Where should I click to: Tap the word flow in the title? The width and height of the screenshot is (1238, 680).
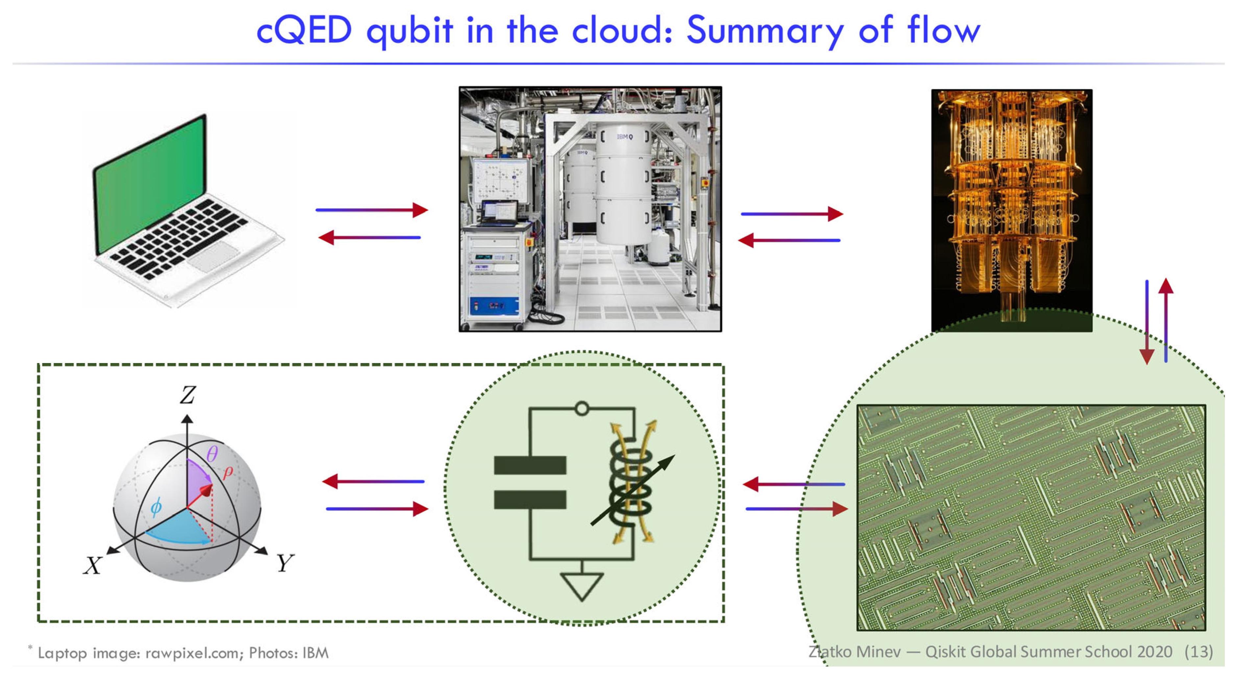(x=943, y=30)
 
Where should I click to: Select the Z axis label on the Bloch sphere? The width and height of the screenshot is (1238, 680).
(x=188, y=395)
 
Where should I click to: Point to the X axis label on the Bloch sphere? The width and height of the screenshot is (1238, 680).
(x=92, y=565)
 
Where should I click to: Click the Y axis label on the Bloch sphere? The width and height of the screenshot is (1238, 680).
(x=285, y=562)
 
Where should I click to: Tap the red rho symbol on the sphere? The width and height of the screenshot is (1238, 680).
(x=227, y=472)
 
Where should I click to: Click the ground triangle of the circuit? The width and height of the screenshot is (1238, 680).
(x=582, y=586)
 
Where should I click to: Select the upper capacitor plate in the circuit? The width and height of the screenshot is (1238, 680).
(x=530, y=465)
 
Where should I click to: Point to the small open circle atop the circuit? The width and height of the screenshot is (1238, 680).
(x=582, y=409)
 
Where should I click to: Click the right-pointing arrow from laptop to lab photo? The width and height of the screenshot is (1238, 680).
(x=371, y=210)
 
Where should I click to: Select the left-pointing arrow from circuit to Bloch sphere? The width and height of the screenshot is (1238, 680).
(x=373, y=481)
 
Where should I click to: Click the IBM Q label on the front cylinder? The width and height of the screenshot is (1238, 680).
(x=625, y=137)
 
